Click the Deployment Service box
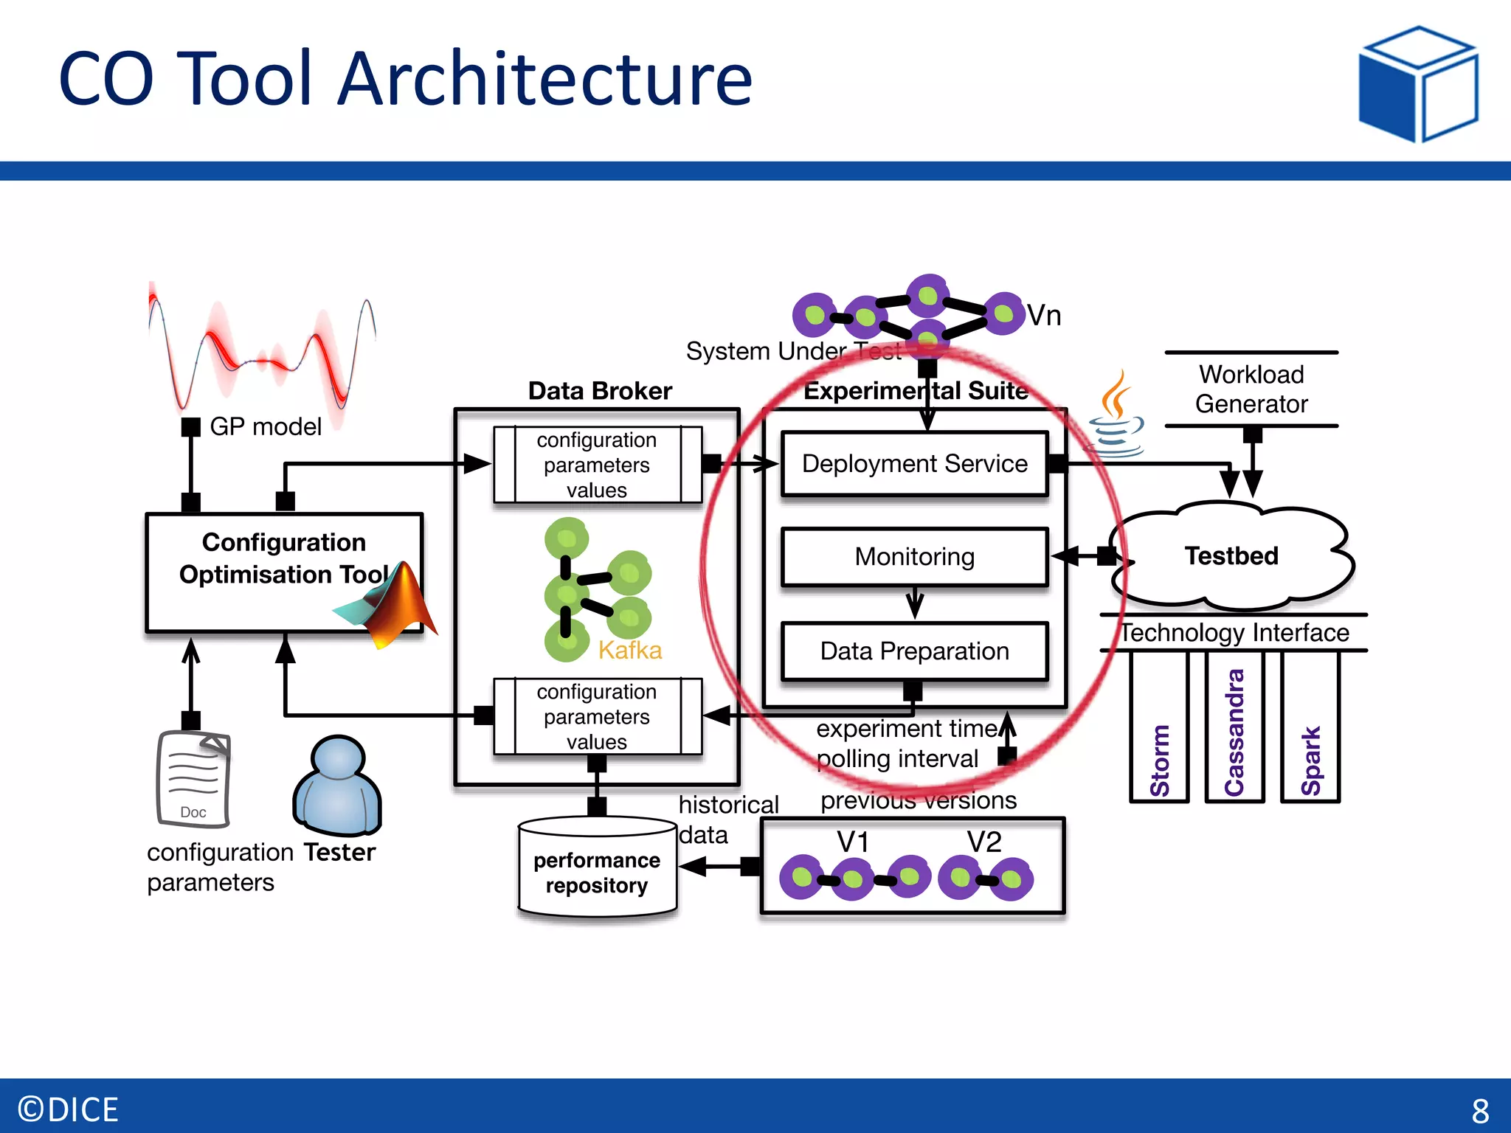click(914, 464)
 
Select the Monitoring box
click(914, 557)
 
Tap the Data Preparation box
click(914, 651)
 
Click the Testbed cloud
click(1231, 556)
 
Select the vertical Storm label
click(1160, 760)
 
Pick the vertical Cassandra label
click(1234, 732)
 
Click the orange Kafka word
click(629, 651)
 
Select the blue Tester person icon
click(338, 785)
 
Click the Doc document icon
click(193, 778)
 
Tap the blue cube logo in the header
click(1417, 84)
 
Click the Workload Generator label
click(1251, 389)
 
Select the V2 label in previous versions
click(984, 842)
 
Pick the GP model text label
click(266, 426)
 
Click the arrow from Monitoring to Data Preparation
click(915, 603)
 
